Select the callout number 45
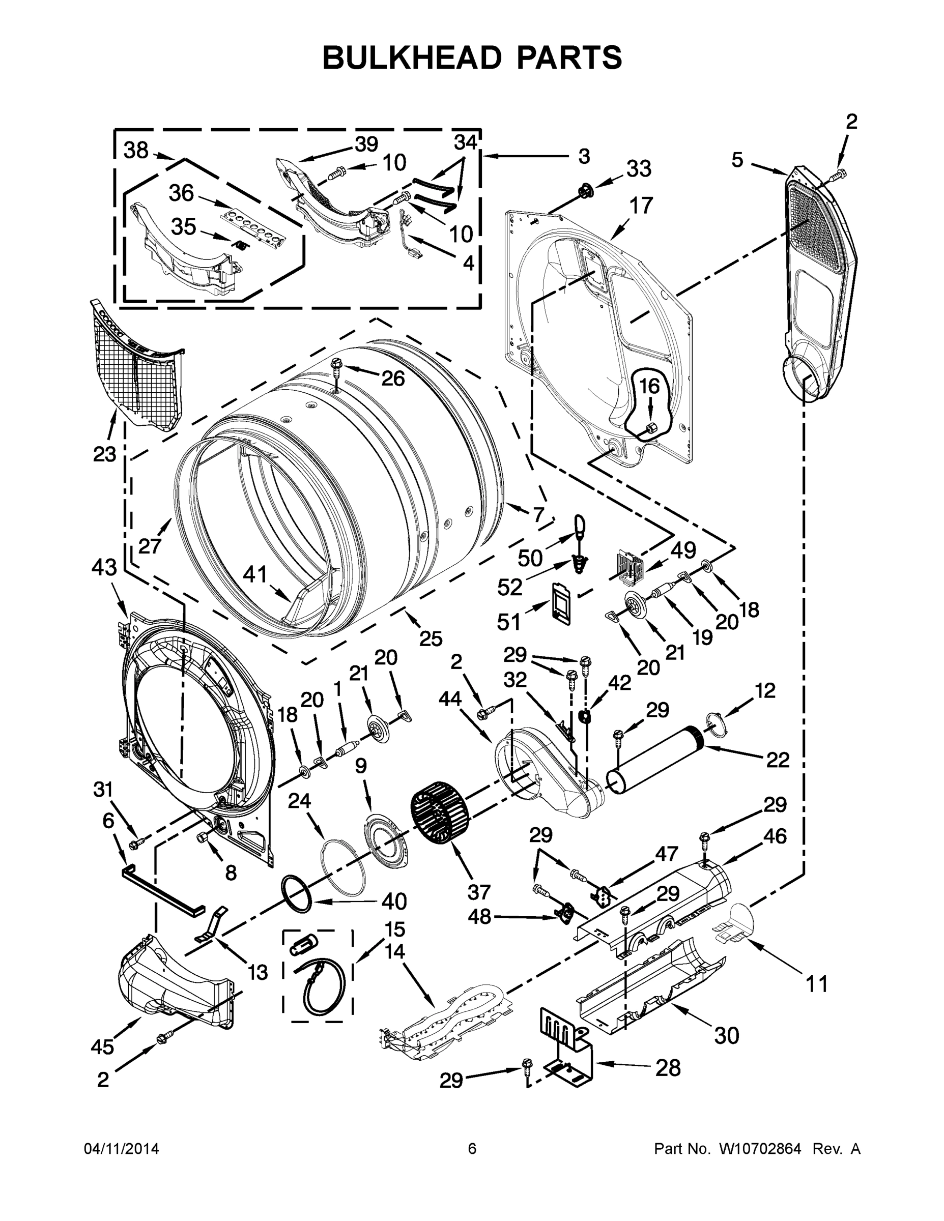click(x=102, y=1046)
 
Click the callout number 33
click(x=638, y=168)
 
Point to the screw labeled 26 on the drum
click(x=335, y=365)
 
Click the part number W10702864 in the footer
click(x=760, y=1149)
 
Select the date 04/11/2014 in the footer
click(x=121, y=1149)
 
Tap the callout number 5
click(x=737, y=160)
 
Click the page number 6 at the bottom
click(x=472, y=1149)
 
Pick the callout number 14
click(x=395, y=951)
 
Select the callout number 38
click(x=136, y=151)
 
